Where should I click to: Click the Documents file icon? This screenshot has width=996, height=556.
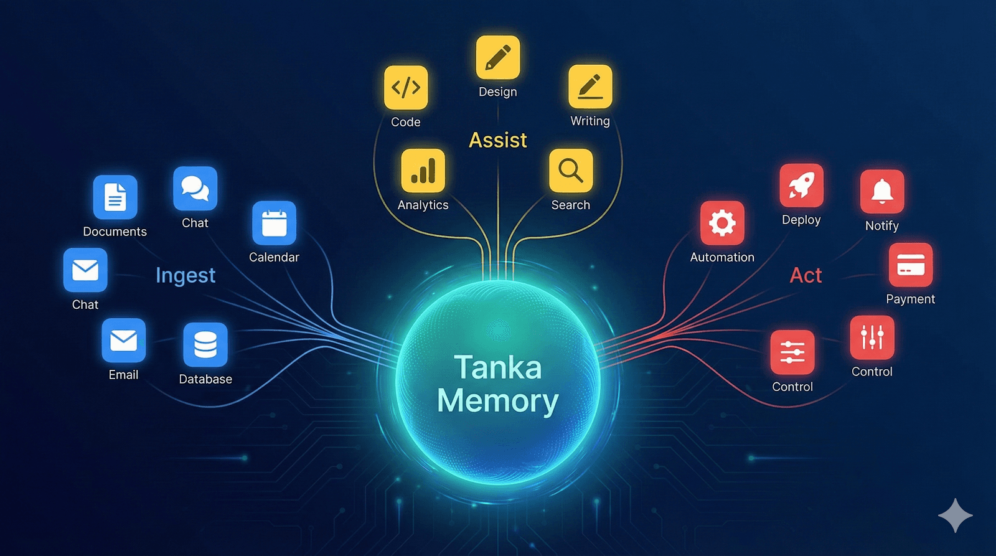[x=115, y=197]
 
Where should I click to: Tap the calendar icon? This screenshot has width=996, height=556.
[x=274, y=223]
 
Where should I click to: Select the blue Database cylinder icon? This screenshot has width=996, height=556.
[x=205, y=344]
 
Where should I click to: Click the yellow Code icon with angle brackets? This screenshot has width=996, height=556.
[x=406, y=88]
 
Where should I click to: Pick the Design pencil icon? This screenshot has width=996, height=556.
[x=498, y=57]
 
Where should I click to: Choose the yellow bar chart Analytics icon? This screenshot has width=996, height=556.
[x=423, y=171]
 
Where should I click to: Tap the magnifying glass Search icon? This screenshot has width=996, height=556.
[x=571, y=171]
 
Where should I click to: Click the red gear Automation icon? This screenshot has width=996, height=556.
[x=722, y=223]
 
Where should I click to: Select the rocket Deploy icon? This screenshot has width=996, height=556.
[x=801, y=186]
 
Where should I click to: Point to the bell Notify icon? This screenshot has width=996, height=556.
[x=882, y=191]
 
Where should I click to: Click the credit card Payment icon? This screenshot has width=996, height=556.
[x=911, y=265]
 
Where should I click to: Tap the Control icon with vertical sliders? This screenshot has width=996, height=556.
[x=872, y=337]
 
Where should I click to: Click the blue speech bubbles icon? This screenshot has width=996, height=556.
[x=195, y=188]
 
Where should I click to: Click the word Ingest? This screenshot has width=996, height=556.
[x=186, y=275]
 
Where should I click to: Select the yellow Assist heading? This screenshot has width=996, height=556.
[x=498, y=140]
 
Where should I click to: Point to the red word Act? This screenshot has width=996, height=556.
[x=806, y=275]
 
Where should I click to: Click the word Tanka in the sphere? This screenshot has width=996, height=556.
[x=498, y=367]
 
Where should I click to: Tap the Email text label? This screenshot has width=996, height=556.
[x=123, y=375]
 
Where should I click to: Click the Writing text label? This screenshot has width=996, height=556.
[x=590, y=121]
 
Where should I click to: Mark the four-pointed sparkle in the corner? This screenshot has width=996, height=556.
[x=956, y=516]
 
